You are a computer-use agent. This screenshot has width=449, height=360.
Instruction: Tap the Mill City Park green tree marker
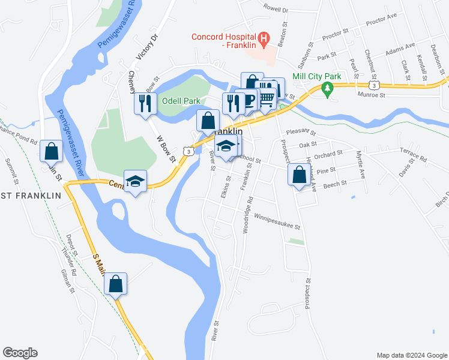coord(327,90)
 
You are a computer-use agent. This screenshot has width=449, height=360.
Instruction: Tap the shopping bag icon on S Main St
coord(116,284)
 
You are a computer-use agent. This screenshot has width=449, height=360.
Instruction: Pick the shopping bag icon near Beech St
coord(298,175)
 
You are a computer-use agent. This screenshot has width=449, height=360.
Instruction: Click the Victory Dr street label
coord(146,47)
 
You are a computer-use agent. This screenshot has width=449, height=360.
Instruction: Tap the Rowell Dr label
coord(276,9)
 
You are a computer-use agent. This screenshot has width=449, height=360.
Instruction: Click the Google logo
coord(20,353)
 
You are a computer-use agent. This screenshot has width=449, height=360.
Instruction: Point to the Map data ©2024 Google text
coord(411,355)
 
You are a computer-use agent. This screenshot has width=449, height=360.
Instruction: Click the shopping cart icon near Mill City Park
coord(267,97)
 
